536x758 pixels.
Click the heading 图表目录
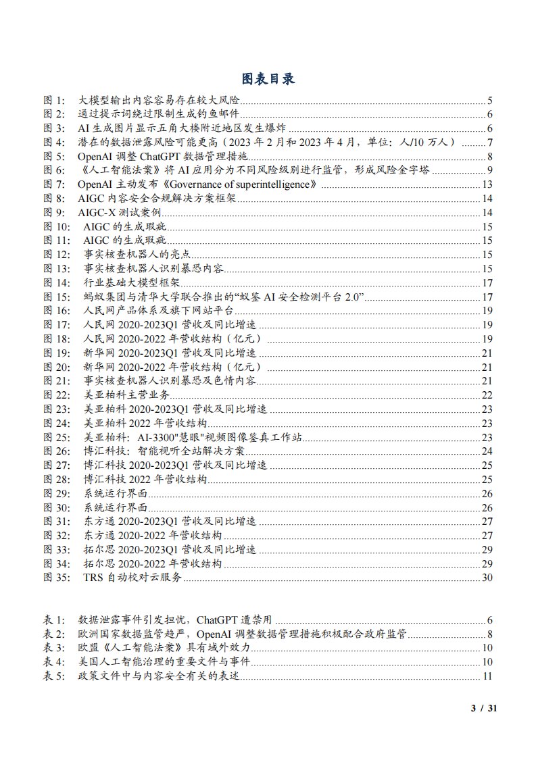268,79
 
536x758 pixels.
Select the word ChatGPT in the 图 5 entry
152,157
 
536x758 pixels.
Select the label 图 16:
56,311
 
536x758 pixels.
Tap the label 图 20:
56,367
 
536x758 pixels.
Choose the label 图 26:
56,451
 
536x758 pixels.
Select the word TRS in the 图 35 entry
93,577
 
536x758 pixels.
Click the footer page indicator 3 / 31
483,708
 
